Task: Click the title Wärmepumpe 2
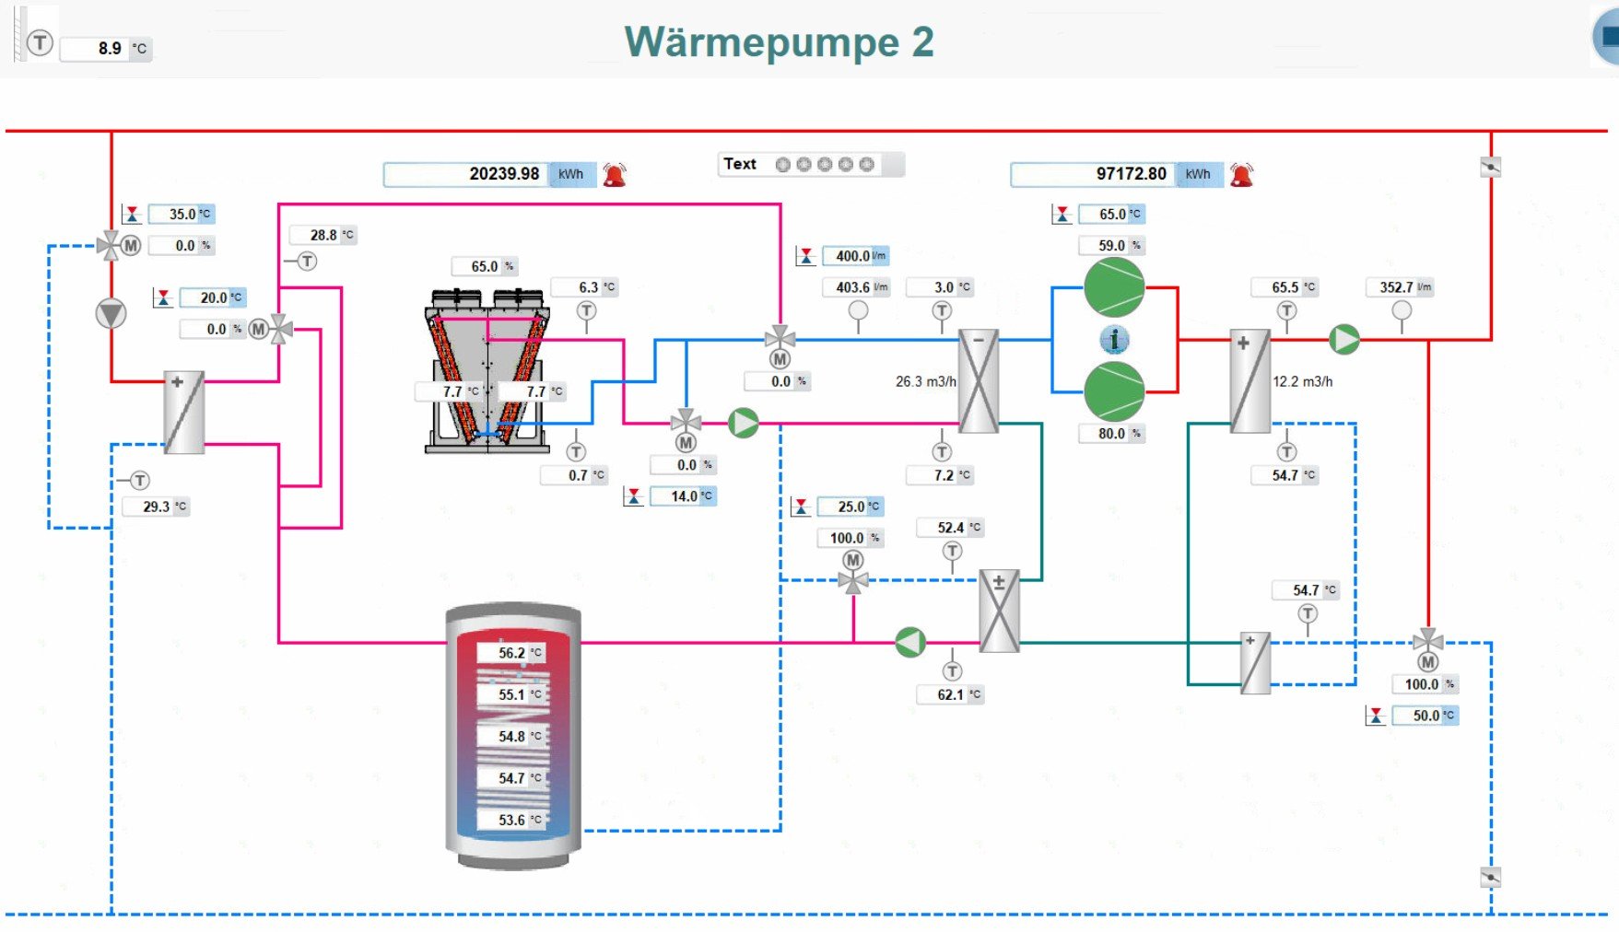point(779,42)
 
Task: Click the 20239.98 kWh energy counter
point(488,174)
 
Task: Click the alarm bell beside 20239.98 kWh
point(615,174)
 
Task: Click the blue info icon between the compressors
point(1114,340)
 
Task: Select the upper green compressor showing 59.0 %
point(1114,287)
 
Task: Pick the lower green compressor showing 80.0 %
point(1114,390)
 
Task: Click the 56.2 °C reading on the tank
point(512,653)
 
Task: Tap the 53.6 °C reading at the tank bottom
point(512,820)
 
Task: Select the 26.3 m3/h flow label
point(925,381)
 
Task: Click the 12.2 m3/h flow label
point(1302,381)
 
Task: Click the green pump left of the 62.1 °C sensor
point(910,643)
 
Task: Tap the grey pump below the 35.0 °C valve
point(111,314)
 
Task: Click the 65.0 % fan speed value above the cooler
point(485,266)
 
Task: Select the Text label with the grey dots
point(740,164)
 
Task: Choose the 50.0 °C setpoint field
point(1425,716)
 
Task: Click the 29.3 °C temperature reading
point(157,507)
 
